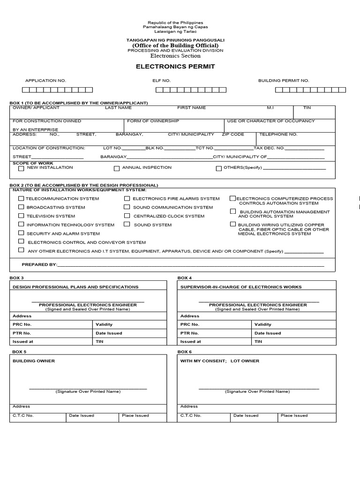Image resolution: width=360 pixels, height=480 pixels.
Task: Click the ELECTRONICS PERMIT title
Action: [175, 67]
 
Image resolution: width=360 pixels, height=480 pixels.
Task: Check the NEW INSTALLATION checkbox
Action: [21, 168]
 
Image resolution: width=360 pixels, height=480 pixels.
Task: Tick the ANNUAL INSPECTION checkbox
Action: [117, 168]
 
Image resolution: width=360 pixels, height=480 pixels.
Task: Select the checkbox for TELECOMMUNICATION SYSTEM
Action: [21, 198]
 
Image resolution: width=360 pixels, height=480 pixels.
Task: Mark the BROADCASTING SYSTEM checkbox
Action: [21, 207]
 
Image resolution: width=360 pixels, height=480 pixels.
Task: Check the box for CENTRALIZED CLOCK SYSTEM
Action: [127, 216]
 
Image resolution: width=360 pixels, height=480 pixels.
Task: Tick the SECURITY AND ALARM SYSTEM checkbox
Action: [21, 233]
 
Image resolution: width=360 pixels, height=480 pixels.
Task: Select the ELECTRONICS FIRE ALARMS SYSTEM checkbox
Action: [127, 198]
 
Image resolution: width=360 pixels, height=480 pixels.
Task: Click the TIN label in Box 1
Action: [307, 108]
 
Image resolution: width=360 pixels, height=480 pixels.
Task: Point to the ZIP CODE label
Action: [233, 135]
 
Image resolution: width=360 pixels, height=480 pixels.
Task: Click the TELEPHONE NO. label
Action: [278, 135]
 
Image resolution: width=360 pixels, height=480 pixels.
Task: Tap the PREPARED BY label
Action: [39, 264]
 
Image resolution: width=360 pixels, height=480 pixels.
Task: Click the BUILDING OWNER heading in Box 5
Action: [34, 361]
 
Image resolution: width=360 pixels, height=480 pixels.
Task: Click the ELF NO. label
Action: [161, 81]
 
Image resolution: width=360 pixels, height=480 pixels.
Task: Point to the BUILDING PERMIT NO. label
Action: [284, 81]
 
